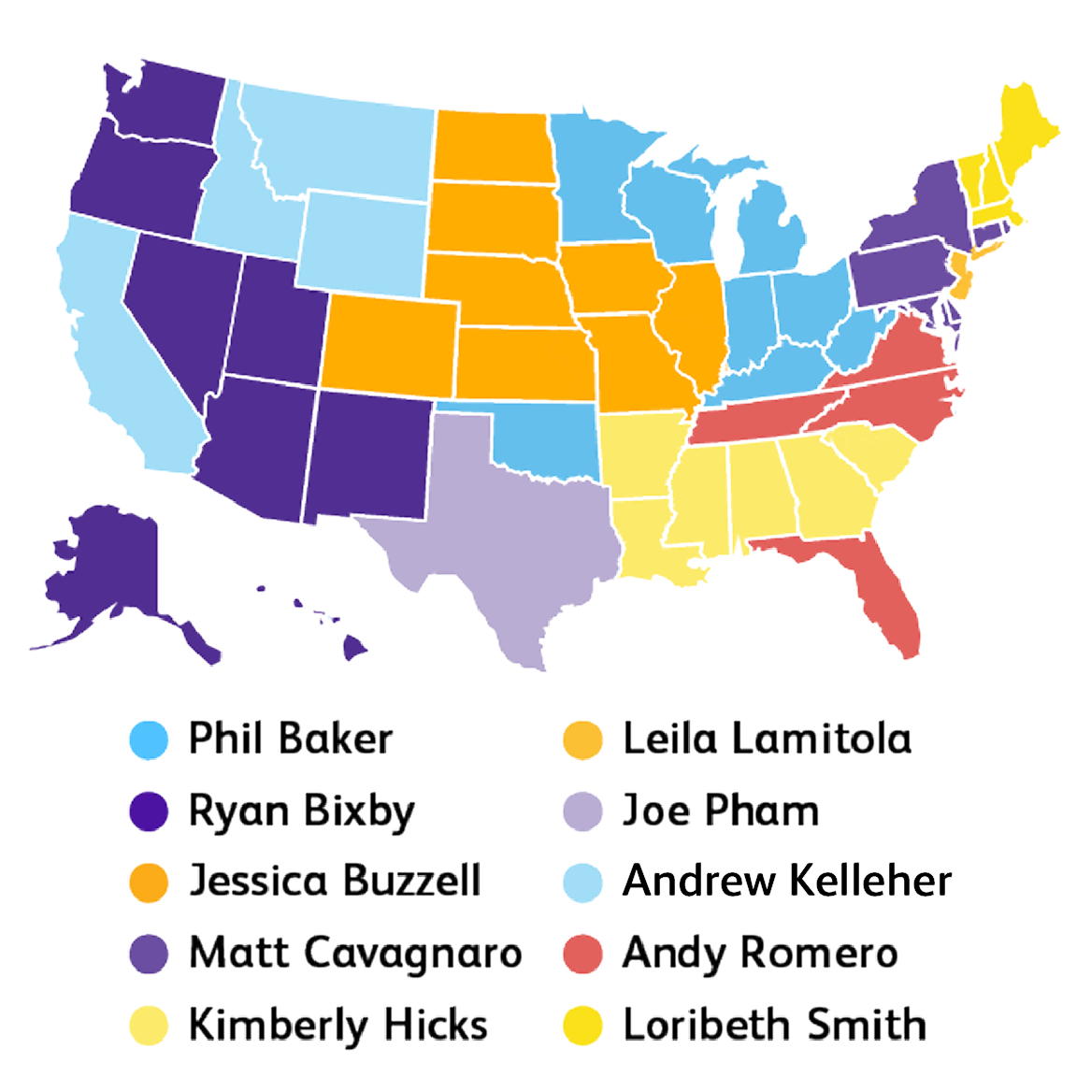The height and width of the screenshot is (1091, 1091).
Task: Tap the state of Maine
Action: [x=1024, y=131]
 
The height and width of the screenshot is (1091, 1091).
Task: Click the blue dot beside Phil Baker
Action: [x=149, y=739]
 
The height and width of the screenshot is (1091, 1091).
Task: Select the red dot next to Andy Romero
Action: [x=583, y=954]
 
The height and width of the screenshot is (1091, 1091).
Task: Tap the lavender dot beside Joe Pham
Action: [x=583, y=811]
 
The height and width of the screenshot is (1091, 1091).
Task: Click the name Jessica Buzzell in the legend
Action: [x=335, y=882]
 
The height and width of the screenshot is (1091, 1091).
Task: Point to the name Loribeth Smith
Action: [x=774, y=1025]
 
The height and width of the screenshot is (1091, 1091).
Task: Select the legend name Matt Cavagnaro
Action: [x=355, y=954]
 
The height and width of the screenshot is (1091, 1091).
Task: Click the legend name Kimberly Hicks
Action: [x=337, y=1025]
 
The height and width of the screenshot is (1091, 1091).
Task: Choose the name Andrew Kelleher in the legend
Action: [x=787, y=882]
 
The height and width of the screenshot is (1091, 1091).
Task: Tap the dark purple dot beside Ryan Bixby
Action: [x=149, y=811]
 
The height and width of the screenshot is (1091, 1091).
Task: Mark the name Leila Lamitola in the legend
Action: [x=767, y=739]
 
